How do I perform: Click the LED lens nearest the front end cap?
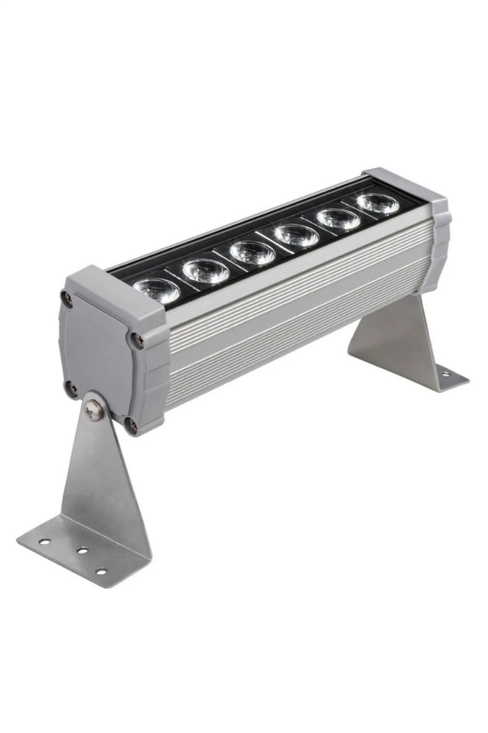[157, 289]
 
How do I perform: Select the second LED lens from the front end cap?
[205, 270]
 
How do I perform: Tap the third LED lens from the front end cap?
[252, 252]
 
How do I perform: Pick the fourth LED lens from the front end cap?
[296, 234]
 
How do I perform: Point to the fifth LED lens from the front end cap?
[338, 218]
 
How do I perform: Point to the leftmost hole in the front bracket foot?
[45, 541]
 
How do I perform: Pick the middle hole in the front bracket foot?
[79, 551]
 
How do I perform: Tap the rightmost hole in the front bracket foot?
[100, 570]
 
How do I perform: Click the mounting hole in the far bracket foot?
[441, 375]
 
